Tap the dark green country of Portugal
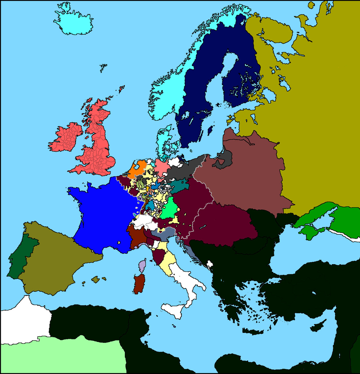pyautogui.click(x=20, y=256)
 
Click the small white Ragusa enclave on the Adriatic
pyautogui.click(x=209, y=264)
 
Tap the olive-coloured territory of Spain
pyautogui.click(x=56, y=259)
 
